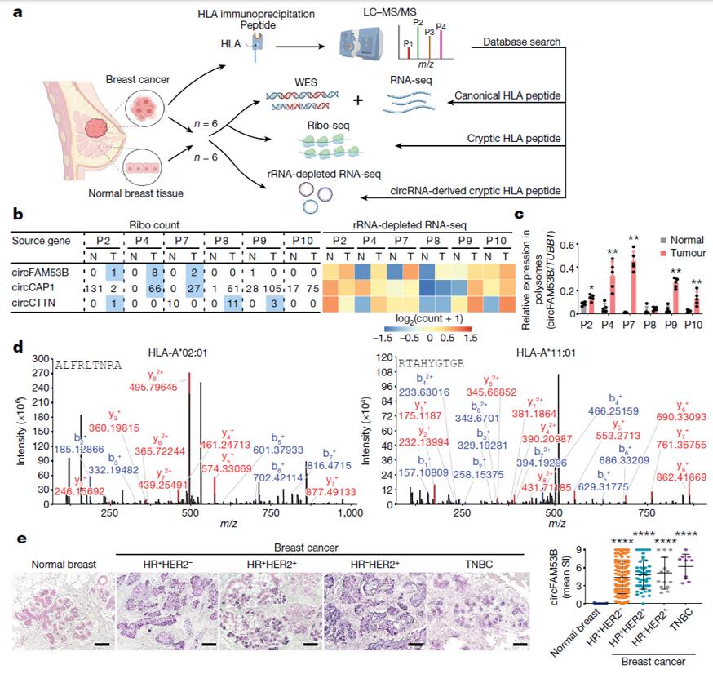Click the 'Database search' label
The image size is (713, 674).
tap(521, 41)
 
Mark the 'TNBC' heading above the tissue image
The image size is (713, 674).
tap(475, 564)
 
